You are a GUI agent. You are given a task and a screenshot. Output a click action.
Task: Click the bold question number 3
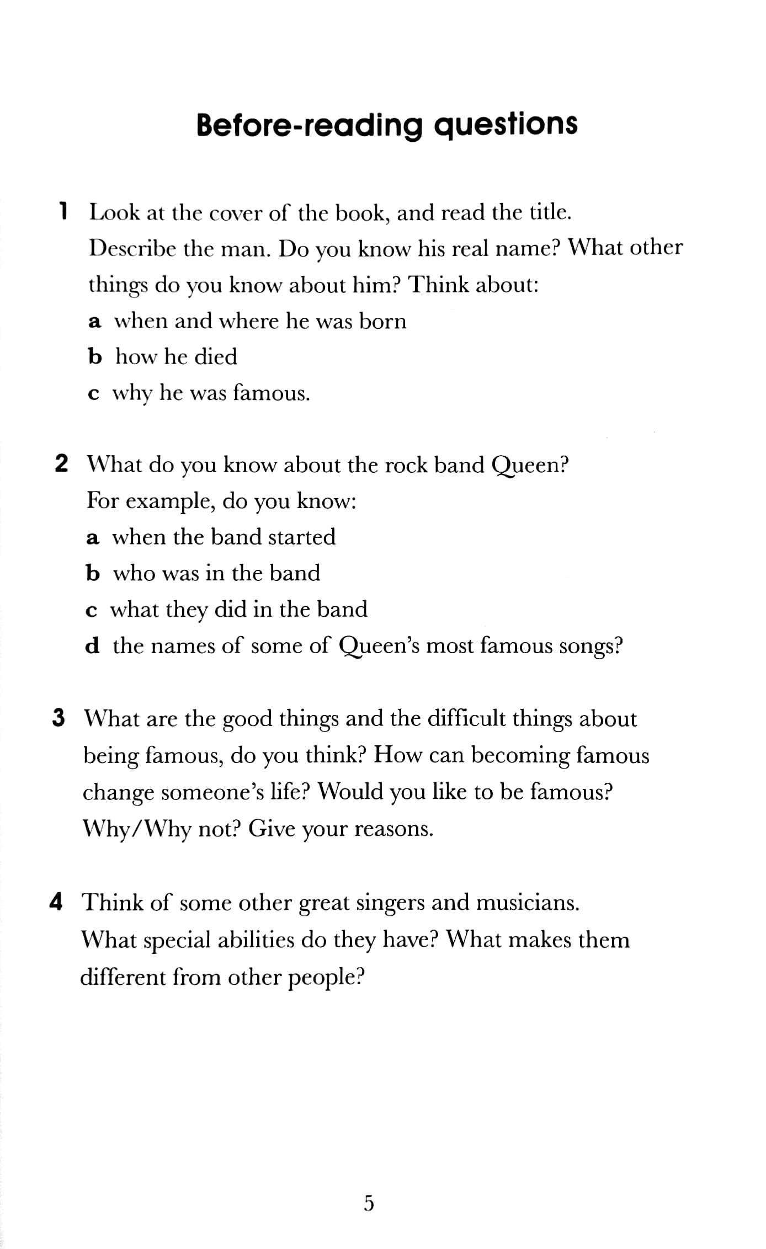pyautogui.click(x=59, y=718)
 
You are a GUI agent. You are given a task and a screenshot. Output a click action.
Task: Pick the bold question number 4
pyautogui.click(x=56, y=902)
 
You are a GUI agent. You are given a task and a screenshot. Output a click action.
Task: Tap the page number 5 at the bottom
pyautogui.click(x=369, y=1203)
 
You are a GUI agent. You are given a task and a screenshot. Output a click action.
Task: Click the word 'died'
pyautogui.click(x=216, y=357)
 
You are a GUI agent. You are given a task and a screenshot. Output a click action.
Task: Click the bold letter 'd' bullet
pyautogui.click(x=93, y=645)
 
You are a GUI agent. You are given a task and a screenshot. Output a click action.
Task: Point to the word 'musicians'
pyautogui.click(x=527, y=903)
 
